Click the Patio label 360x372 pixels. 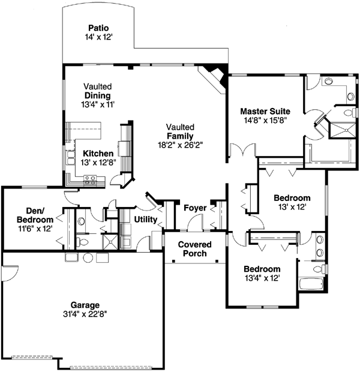(98, 28)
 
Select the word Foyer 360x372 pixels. (195, 208)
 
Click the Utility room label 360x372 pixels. (146, 220)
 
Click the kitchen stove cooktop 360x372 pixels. (91, 178)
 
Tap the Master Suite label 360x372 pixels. (265, 111)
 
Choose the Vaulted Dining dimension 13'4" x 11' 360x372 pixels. (98, 104)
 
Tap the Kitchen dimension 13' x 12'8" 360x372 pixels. (98, 163)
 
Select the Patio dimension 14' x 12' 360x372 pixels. (98, 37)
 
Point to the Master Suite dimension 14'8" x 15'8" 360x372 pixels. (265, 120)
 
